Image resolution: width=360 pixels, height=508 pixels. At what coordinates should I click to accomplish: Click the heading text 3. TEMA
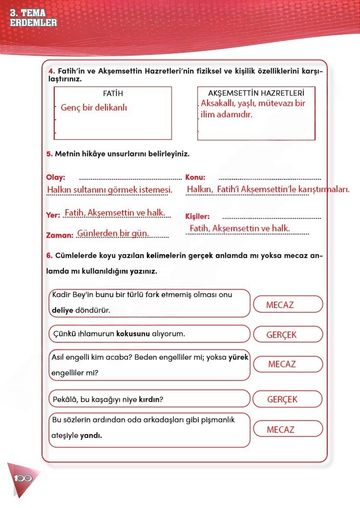tap(28, 14)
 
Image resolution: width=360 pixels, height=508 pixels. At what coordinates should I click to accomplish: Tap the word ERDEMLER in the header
tap(33, 22)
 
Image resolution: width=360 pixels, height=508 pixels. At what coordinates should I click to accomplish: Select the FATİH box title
tap(113, 93)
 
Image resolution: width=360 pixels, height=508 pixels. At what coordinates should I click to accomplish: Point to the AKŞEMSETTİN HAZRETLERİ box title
tap(256, 93)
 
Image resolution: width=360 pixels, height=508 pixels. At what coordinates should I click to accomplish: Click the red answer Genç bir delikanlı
tap(94, 108)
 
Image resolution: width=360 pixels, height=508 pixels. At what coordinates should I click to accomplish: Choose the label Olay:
tap(55, 177)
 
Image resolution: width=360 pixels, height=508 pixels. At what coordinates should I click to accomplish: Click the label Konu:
tap(195, 177)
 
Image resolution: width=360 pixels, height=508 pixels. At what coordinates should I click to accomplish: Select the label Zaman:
tap(60, 235)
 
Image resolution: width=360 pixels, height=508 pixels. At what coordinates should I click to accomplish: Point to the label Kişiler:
tap(198, 216)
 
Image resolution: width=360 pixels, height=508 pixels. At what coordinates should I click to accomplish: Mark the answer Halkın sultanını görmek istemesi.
tap(109, 190)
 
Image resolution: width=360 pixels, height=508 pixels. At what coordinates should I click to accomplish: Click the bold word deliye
tap(62, 310)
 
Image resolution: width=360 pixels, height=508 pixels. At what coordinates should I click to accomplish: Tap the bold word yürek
tap(238, 357)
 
